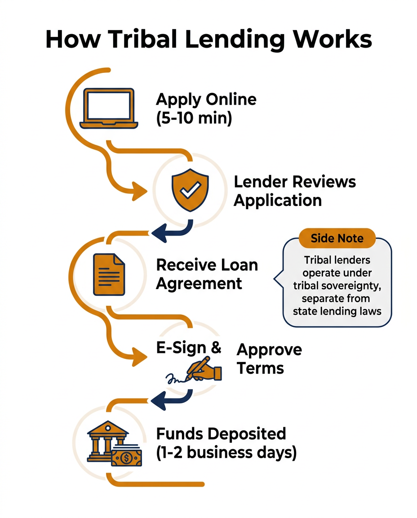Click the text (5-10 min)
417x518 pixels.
pos(194,119)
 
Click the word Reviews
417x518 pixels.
pos(324,182)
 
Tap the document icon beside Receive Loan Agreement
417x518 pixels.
pos(109,274)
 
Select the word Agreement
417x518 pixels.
pos(199,284)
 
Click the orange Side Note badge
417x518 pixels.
pos(337,239)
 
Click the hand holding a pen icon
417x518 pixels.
pos(205,369)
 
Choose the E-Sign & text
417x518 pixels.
pos(189,348)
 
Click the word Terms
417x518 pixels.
pos(260,368)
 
